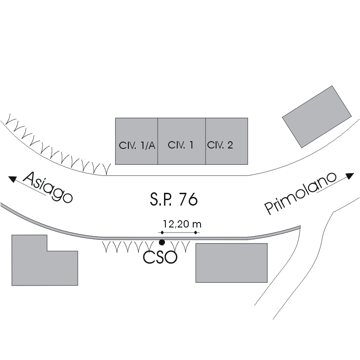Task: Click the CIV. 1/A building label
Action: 137,146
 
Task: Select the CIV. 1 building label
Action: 181,145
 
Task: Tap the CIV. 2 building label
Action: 220,145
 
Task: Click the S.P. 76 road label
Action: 174,200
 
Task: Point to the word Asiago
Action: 48,187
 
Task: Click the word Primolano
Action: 301,193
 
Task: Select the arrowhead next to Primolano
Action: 350,175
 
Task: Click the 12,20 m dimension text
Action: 182,224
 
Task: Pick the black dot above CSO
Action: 161,242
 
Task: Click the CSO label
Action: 160,257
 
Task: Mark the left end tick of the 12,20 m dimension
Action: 161,233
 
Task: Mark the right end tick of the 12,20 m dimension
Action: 196,233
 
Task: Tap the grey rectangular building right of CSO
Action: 231,263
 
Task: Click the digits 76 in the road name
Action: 188,200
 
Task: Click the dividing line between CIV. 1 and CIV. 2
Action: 206,141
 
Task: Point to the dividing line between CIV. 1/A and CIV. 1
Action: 158,141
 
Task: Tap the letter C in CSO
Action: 149,257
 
